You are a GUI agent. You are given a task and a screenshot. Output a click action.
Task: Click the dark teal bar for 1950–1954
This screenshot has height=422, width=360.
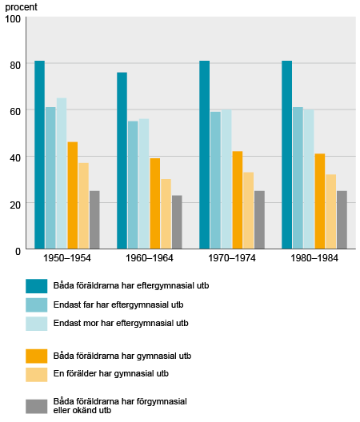coord(39,155)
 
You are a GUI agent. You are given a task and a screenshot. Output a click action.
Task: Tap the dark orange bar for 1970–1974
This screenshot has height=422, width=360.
coord(238,200)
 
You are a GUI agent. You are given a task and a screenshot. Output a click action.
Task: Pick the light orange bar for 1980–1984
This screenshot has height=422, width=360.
coord(331,212)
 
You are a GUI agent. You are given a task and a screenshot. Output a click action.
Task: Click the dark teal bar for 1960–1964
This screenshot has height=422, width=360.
coord(122,161)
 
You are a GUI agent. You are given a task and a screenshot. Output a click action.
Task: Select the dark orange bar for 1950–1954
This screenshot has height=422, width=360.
coord(73,195)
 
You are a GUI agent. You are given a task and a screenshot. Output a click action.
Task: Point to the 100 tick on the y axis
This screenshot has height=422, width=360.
coord(13,18)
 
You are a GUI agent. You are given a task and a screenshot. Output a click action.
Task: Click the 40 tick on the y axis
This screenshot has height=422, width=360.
coord(15,157)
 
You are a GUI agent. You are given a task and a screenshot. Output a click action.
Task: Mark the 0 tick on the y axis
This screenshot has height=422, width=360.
coord(18,249)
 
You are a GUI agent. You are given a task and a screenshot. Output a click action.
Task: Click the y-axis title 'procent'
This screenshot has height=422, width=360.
coord(22,6)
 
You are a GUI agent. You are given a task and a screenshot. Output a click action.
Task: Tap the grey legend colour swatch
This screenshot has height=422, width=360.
coord(37,406)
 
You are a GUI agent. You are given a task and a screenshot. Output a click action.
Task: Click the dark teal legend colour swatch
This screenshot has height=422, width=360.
coord(37,285)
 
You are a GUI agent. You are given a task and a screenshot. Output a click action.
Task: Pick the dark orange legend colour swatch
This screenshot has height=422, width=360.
coord(37,355)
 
